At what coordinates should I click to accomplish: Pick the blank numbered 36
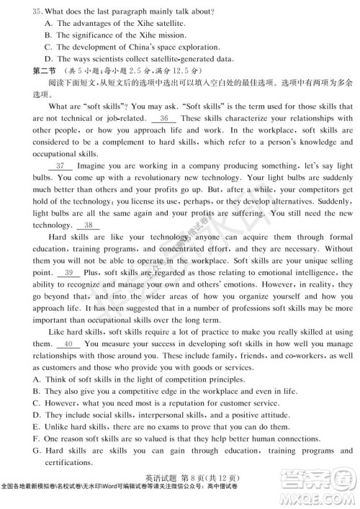pos(164,118)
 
